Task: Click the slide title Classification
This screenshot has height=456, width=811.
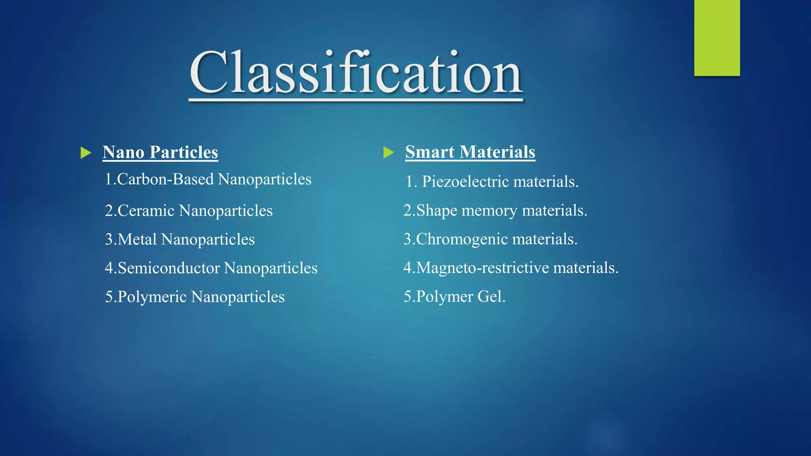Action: [356, 73]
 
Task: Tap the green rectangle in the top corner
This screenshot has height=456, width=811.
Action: [717, 38]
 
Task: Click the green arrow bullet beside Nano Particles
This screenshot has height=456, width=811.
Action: [86, 152]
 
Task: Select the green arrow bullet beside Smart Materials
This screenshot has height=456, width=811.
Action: [388, 152]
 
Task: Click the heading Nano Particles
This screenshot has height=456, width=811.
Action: [160, 152]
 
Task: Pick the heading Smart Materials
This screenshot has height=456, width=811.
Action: [470, 152]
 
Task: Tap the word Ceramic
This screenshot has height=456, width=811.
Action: [146, 211]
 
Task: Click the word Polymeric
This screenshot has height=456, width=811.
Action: [152, 297]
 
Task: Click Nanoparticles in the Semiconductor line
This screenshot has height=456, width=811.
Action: [271, 268]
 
